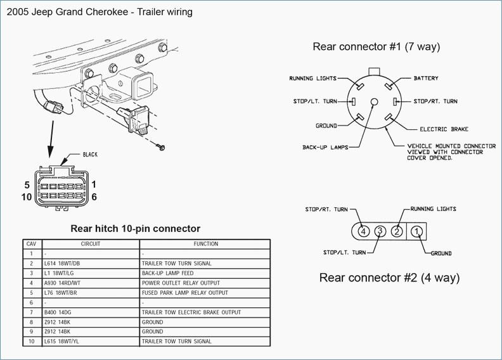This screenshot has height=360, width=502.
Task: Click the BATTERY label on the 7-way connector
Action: [x=426, y=78]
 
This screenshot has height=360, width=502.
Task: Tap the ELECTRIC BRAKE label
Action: [x=444, y=129]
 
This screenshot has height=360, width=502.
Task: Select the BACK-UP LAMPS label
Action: [x=325, y=148]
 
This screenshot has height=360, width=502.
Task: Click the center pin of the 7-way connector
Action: [x=374, y=102]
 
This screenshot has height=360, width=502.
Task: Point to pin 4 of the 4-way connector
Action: [x=363, y=231]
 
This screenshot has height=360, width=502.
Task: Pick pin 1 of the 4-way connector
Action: [x=416, y=231]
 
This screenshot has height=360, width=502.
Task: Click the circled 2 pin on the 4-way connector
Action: [x=397, y=231]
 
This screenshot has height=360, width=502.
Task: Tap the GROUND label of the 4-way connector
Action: [x=441, y=254]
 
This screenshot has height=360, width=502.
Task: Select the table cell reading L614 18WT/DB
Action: [x=62, y=264]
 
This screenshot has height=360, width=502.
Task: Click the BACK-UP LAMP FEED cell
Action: [x=168, y=273]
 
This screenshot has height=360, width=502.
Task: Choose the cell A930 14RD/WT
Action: [x=62, y=283]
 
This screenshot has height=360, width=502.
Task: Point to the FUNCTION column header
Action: [x=206, y=244]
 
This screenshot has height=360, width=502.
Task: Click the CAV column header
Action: [x=32, y=244]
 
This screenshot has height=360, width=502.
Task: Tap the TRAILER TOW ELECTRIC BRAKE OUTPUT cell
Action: [x=191, y=312]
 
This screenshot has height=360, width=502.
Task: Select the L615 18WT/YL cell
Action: [x=61, y=342]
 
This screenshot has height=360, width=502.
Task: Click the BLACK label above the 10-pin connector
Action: [x=90, y=155]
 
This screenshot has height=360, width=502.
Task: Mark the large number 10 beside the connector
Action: [x=27, y=197]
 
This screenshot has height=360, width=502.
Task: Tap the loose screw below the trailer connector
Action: [x=160, y=147]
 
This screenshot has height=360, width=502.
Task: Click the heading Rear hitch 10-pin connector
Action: [x=136, y=228]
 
